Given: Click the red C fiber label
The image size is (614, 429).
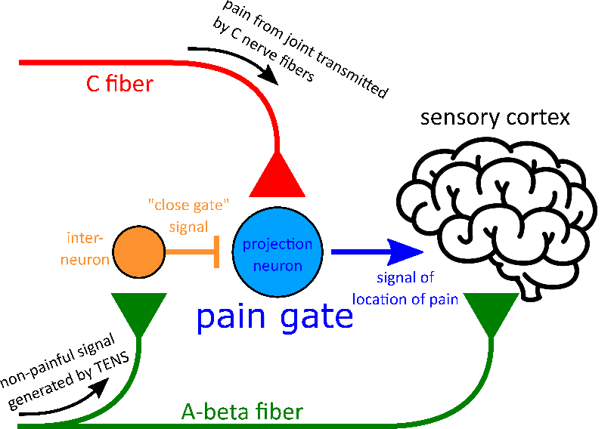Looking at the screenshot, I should click(118, 84).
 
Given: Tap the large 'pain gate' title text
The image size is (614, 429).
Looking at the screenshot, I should click(274, 316).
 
